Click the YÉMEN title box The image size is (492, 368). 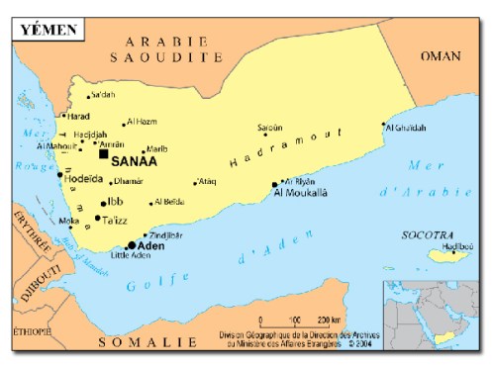point(46,29)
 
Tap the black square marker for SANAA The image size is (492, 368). point(103,153)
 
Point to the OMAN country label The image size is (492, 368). point(440,56)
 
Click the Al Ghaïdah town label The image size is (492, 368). point(407,128)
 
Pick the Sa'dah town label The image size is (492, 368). point(103,95)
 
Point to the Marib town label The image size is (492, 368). point(157,149)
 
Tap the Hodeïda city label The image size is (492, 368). point(82,179)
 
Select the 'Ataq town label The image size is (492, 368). point(207,181)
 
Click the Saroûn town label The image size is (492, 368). point(269,127)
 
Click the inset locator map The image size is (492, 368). point(432,314)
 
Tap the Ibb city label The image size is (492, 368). point(115,202)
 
